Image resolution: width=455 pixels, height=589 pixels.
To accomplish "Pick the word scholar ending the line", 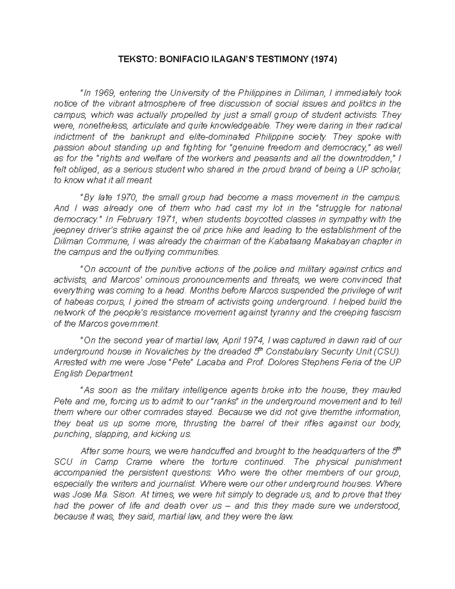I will tap(386, 170).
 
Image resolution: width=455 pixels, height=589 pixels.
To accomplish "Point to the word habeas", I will tap(75, 302).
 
